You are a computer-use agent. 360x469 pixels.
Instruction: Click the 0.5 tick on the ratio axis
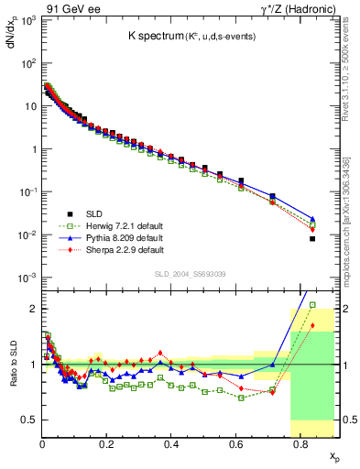click(28, 420)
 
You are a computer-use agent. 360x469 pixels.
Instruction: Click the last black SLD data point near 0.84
click(312, 239)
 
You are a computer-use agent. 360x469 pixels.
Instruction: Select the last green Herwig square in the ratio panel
click(312, 305)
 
